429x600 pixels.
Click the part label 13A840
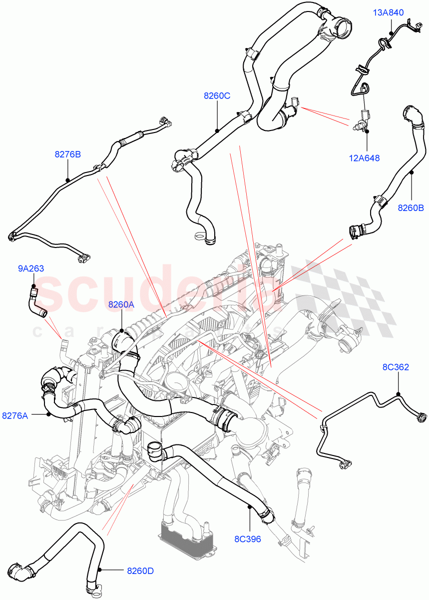(x=389, y=12)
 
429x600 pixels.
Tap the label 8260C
(x=217, y=96)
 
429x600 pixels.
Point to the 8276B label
(x=67, y=154)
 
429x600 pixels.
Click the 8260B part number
(x=411, y=208)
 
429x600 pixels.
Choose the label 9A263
(x=31, y=268)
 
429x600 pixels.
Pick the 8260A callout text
(x=121, y=304)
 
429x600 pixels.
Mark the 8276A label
(x=15, y=415)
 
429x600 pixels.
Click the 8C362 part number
(x=396, y=367)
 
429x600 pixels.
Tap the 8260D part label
(x=140, y=569)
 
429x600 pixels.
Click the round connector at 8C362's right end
(x=422, y=416)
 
